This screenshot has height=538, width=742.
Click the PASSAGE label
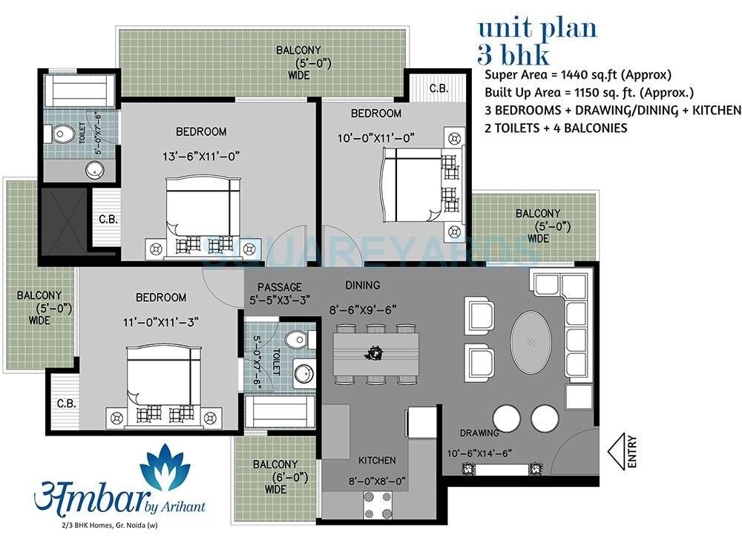279,287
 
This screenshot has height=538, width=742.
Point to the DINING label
362,285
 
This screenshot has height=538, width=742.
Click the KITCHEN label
377,460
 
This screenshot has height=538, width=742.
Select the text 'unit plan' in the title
536,28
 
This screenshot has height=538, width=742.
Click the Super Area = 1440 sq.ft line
578,75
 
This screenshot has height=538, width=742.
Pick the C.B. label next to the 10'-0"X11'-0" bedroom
439,88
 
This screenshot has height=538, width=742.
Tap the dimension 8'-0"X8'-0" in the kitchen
377,481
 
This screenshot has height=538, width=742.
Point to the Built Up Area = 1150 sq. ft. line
588,93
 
